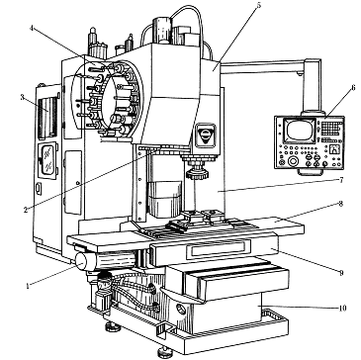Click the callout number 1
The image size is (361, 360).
(x=28, y=286)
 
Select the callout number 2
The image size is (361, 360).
(x=26, y=210)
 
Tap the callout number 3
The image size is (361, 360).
(x=23, y=97)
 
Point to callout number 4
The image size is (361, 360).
(x=32, y=28)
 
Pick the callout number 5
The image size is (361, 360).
(x=259, y=6)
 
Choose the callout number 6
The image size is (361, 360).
(x=353, y=88)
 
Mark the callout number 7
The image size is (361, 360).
(x=341, y=180)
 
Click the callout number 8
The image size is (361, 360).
(x=340, y=204)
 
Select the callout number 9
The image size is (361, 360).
(x=341, y=272)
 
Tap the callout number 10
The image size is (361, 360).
(x=342, y=309)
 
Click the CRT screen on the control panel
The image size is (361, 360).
(x=300, y=131)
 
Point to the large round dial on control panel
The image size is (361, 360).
(x=293, y=161)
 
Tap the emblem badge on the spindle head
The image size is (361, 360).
(x=206, y=135)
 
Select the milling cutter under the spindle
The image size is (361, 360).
(x=198, y=174)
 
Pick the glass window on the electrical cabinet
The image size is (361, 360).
(x=47, y=159)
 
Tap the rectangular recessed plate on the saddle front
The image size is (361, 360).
(x=219, y=249)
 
